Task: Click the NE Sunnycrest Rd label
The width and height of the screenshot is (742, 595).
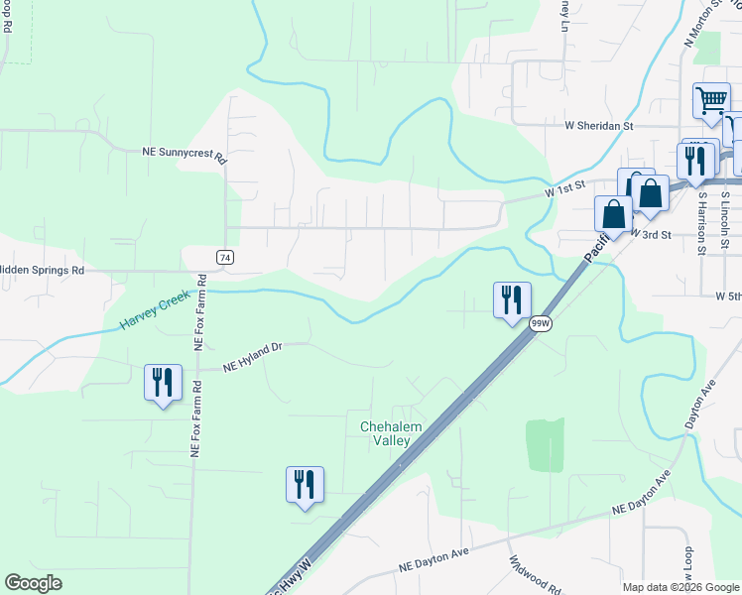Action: pos(185,154)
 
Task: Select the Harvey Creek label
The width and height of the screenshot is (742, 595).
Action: pos(157,308)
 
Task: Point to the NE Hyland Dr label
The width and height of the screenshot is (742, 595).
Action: pos(253,358)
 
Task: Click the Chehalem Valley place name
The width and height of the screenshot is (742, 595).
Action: pos(393,433)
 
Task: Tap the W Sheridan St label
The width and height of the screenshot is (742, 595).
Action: pos(598,127)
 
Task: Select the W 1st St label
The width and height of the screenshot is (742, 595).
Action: pos(565,187)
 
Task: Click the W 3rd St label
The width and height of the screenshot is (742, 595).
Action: pos(652,234)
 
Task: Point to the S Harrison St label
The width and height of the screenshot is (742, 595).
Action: pos(702,223)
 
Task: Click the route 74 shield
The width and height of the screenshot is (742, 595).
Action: pos(226,257)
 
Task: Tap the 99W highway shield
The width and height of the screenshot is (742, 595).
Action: pos(540,323)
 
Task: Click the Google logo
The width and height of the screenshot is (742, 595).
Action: pos(33,583)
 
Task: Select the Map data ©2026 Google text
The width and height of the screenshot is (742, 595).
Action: pos(681,587)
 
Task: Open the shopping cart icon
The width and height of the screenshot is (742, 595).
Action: pos(711,100)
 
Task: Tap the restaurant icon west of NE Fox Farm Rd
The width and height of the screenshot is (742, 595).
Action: pos(163,382)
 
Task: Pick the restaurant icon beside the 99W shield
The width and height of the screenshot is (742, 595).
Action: pos(512,298)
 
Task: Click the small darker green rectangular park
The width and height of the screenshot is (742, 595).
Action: pos(544,444)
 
